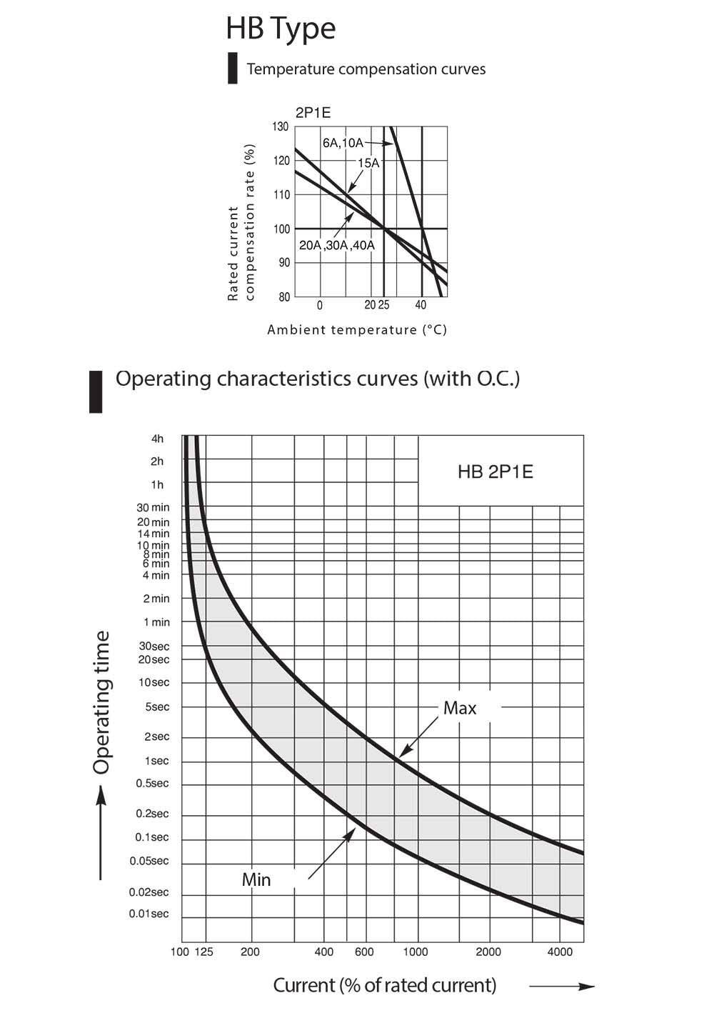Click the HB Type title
[x=280, y=30]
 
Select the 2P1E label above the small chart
[x=313, y=113]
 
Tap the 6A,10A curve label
[x=343, y=143]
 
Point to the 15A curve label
[x=368, y=163]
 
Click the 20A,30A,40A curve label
[x=337, y=246]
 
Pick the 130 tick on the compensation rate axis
[x=281, y=126]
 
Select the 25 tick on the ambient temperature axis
[x=384, y=305]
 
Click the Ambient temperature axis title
[x=357, y=329]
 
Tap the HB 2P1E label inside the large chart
[x=495, y=471]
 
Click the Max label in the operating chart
[x=460, y=708]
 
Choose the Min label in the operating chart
[x=256, y=880]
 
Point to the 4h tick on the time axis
[x=157, y=439]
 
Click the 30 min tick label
[x=153, y=507]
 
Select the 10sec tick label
[x=154, y=682]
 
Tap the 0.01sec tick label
[x=149, y=914]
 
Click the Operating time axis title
[x=101, y=702]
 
